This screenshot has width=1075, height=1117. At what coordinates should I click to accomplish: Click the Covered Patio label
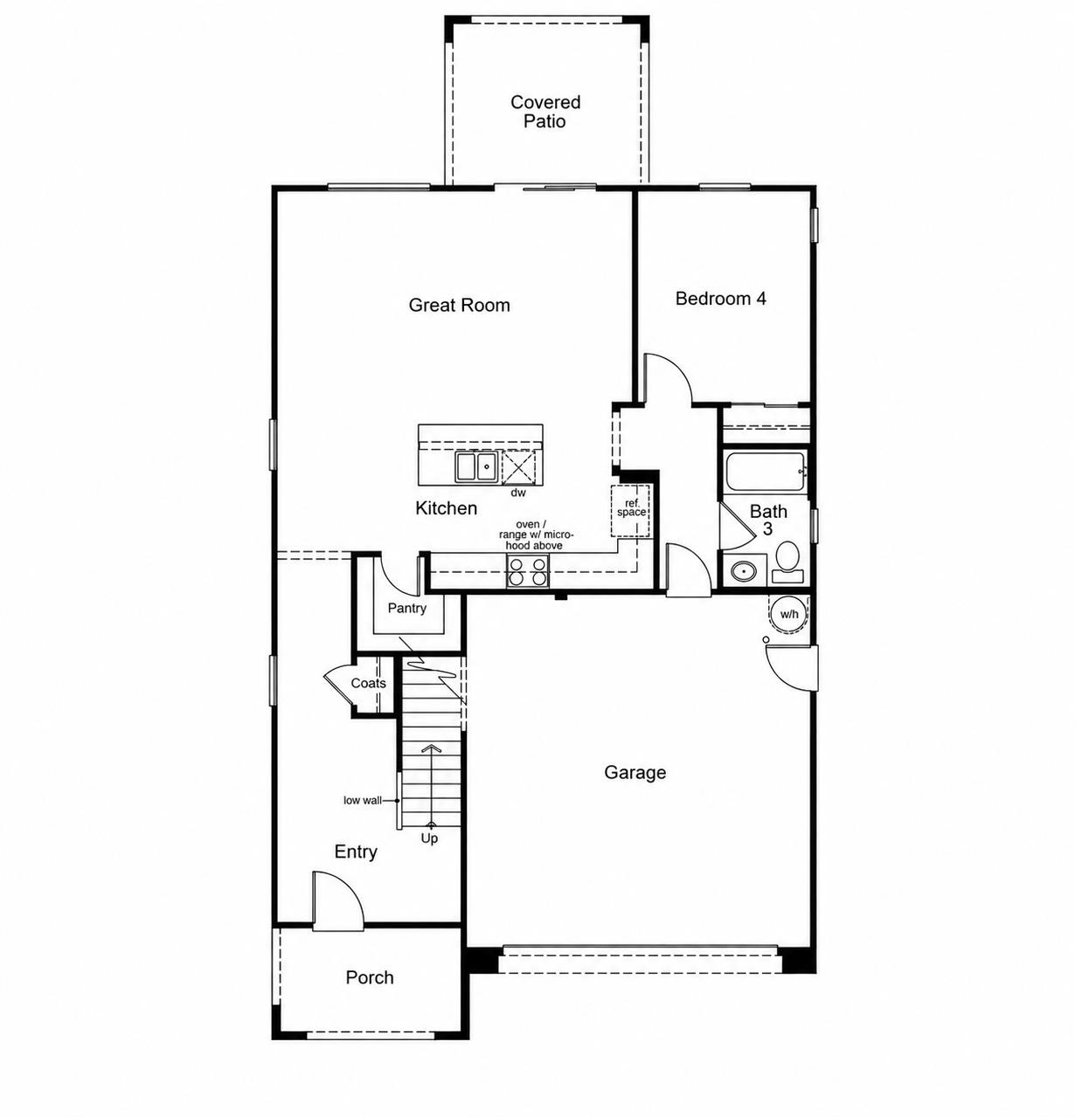point(544,112)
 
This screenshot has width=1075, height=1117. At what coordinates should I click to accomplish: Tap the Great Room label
point(459,305)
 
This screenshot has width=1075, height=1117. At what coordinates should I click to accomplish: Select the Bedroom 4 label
point(720,299)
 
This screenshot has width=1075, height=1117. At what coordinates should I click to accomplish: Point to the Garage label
point(635,773)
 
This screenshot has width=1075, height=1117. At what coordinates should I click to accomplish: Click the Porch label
point(370,977)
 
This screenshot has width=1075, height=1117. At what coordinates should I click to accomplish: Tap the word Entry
point(356,852)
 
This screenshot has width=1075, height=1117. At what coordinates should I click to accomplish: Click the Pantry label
point(406,608)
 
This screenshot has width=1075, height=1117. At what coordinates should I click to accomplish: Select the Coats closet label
point(368,683)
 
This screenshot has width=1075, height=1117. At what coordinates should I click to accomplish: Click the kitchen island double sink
point(476,466)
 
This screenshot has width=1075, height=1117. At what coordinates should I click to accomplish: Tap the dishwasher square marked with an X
point(518,466)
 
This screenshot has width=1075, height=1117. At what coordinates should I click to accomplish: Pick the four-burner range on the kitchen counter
point(527,571)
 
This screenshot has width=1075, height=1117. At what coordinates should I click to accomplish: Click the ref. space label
point(631,508)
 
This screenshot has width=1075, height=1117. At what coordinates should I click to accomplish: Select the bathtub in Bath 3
point(766,472)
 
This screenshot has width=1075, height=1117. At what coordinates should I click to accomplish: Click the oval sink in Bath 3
point(745,572)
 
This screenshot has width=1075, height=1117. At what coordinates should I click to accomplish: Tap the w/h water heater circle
point(789,614)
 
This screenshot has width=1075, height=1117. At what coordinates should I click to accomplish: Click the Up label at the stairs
point(429,838)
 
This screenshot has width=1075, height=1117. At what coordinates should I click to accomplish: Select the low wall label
point(363,800)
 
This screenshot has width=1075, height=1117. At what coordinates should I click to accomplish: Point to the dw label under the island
point(518,492)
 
